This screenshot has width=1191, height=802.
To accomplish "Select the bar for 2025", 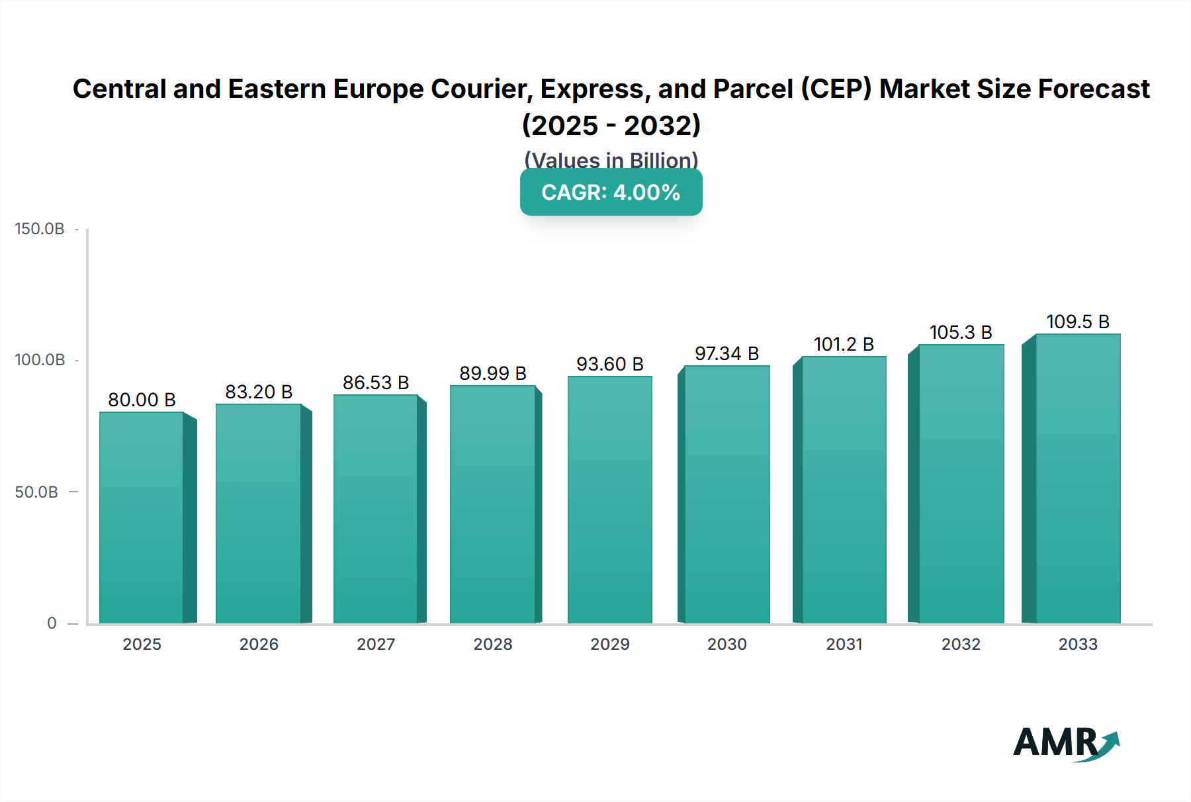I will click(x=142, y=517).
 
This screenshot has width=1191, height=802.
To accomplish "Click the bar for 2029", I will click(x=610, y=500).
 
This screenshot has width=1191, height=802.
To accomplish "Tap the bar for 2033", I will click(x=1078, y=478).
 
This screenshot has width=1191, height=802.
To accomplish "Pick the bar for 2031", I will click(x=844, y=490).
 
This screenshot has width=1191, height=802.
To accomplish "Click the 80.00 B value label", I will click(x=142, y=400).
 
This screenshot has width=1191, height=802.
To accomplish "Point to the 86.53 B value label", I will click(x=376, y=382).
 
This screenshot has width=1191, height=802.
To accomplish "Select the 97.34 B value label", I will click(x=727, y=353).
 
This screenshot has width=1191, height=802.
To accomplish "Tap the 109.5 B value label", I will click(x=1078, y=322).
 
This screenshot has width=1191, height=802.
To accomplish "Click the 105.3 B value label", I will click(x=961, y=332).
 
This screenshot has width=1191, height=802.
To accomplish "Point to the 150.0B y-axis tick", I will click(x=40, y=229).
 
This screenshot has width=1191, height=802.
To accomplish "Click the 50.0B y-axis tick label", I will click(x=36, y=492).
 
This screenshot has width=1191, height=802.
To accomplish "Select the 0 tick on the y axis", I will click(x=52, y=623).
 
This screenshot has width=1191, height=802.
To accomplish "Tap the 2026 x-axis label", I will click(x=259, y=644).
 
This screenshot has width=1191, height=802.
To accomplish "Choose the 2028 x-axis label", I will click(x=493, y=644).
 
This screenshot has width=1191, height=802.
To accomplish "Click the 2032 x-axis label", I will click(x=961, y=644).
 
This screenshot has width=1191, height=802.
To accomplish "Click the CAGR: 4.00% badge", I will click(x=611, y=193).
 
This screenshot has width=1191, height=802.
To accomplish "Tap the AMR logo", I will click(x=1065, y=743).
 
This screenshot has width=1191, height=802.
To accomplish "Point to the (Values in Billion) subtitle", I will click(x=611, y=159).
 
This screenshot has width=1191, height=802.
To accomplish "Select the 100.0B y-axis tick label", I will click(x=40, y=360).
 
